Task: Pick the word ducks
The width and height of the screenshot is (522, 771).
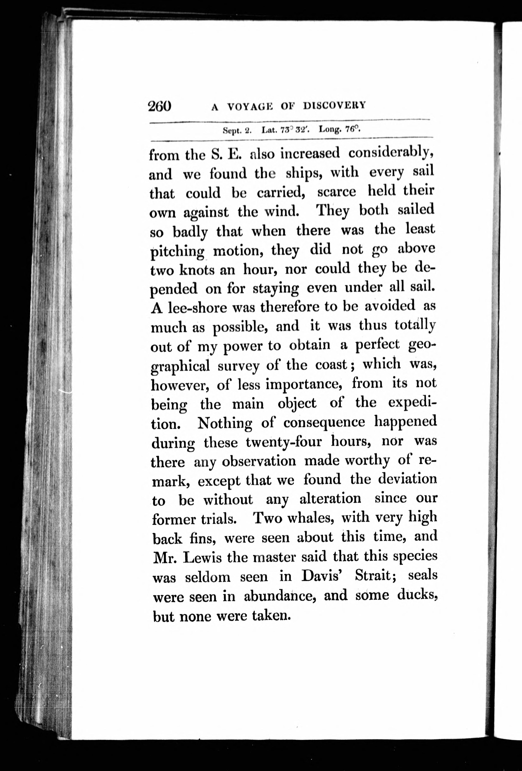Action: (417, 595)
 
